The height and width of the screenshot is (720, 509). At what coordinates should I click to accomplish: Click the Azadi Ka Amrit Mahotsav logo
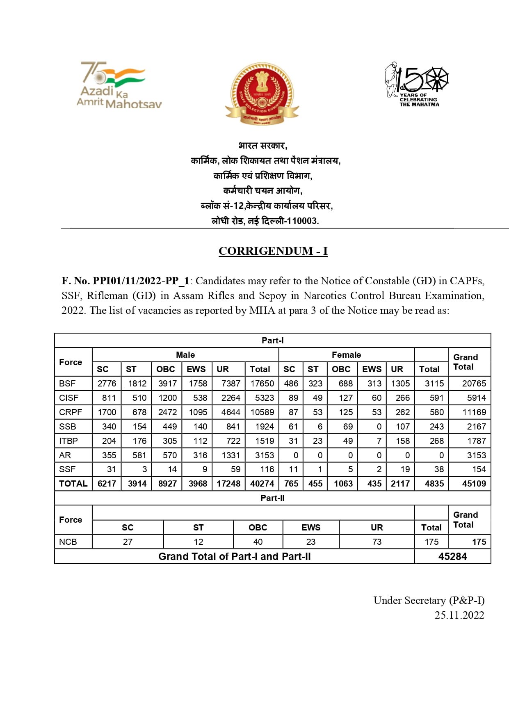click(x=119, y=86)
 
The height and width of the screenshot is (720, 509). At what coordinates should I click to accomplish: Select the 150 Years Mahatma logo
click(x=416, y=85)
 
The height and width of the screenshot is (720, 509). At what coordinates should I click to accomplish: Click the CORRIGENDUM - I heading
click(x=273, y=251)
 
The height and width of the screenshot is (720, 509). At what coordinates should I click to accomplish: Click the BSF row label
click(x=67, y=384)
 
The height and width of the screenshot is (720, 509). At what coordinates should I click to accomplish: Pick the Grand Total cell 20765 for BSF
click(x=474, y=384)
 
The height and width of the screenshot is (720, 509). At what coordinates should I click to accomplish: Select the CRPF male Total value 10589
click(x=262, y=412)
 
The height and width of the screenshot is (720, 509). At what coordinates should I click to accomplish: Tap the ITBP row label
click(x=68, y=441)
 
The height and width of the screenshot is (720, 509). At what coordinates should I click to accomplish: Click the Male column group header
click(x=185, y=355)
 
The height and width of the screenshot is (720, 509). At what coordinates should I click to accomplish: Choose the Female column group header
click(x=346, y=355)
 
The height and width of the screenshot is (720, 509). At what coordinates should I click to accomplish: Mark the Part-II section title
click(x=272, y=498)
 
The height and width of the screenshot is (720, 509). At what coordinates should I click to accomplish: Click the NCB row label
click(x=68, y=542)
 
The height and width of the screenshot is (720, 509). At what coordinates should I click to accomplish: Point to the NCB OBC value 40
click(x=258, y=542)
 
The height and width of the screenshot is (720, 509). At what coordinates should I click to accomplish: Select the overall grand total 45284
click(x=452, y=557)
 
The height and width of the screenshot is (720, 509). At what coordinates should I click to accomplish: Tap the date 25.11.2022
click(x=459, y=615)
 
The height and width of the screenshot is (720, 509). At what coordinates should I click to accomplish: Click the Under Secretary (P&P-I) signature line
click(x=429, y=601)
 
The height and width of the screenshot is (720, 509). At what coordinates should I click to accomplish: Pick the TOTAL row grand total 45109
click(x=474, y=484)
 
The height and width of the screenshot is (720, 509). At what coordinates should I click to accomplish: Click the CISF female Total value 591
click(x=436, y=398)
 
